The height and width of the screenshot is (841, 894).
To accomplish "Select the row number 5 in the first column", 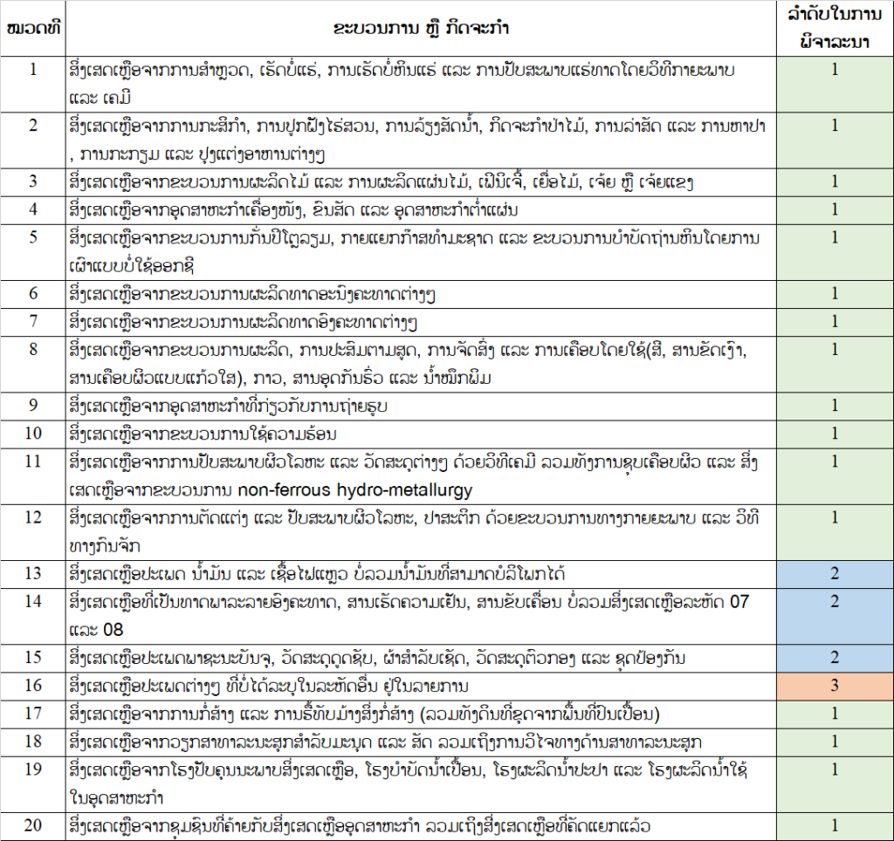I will [33, 237].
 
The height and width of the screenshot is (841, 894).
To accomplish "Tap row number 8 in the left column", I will [33, 349].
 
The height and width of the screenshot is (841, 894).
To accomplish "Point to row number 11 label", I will [33, 460].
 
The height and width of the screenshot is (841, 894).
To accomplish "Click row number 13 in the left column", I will [33, 573].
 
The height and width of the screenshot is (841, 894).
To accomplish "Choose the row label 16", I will [33, 685].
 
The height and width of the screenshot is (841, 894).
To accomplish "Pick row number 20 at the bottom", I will [33, 825].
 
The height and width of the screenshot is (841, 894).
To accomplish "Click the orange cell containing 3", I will [835, 685].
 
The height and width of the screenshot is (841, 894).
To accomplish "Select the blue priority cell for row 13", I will [835, 573].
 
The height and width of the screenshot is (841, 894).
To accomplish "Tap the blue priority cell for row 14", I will [835, 601].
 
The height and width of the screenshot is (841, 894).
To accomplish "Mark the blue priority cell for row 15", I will [835, 657].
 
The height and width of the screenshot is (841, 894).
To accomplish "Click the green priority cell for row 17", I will [835, 714].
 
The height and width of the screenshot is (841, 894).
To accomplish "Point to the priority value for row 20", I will [835, 825].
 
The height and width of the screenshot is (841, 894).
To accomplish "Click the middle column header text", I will [422, 28].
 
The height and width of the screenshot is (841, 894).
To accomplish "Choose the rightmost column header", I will [835, 28].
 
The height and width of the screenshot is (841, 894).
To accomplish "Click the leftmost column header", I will [33, 28].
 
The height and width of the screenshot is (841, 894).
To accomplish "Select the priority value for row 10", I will [835, 433].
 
